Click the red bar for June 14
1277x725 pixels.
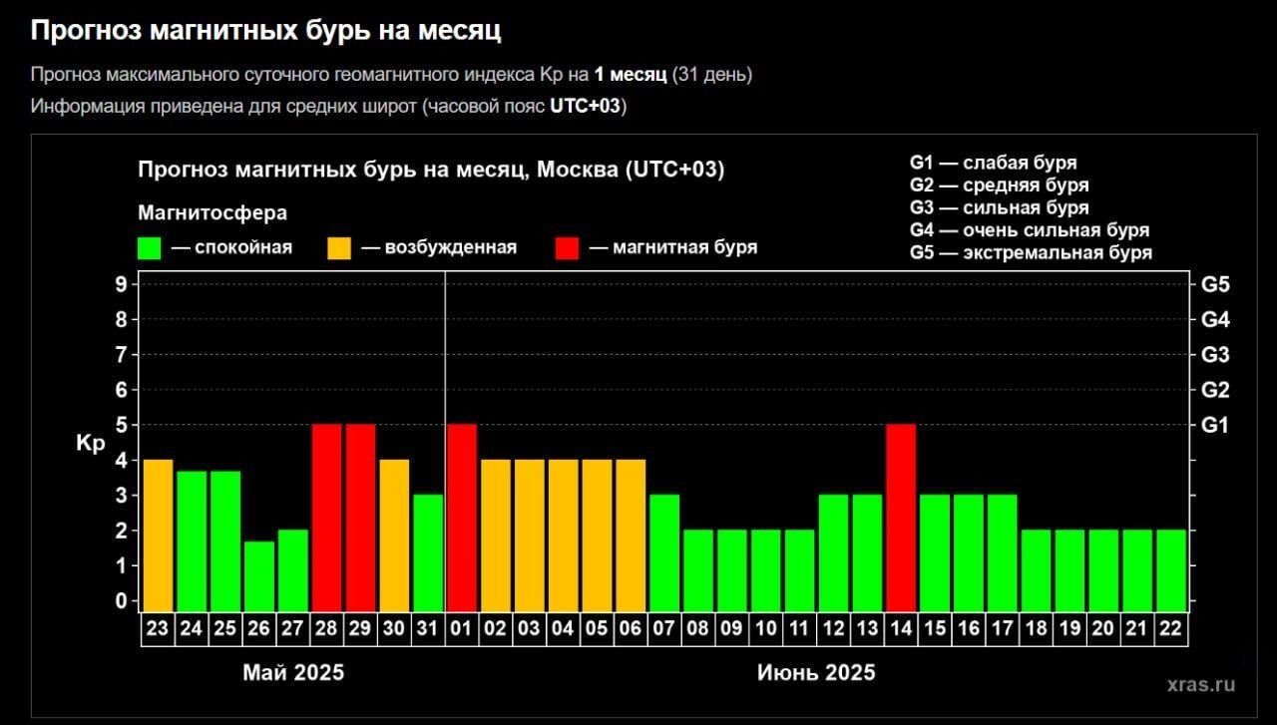901,517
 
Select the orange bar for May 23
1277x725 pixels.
159,535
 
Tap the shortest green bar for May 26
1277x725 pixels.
259,574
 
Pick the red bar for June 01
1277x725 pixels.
462,517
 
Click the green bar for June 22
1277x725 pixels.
1171,569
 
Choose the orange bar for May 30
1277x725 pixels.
394,535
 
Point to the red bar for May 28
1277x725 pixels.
327,517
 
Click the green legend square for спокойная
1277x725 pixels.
150,247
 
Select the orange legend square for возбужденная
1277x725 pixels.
339,247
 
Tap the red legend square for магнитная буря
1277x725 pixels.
567,247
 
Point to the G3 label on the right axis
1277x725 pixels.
1216,355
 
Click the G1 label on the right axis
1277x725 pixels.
1216,426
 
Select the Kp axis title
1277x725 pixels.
90,444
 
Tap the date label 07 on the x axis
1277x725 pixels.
664,629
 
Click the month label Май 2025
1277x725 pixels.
293,672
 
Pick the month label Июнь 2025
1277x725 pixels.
816,672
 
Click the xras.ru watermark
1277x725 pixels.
1200,684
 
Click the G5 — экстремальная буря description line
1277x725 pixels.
1031,253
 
